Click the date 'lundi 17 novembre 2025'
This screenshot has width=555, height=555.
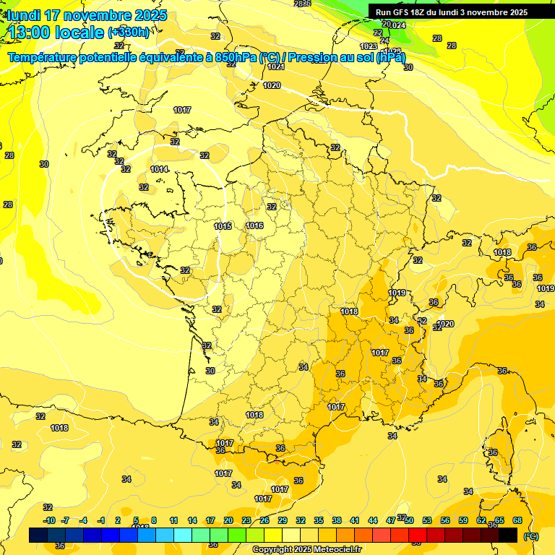pyautogui.click(x=87, y=15)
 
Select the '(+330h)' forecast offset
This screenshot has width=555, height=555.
pyautogui.click(x=129, y=33)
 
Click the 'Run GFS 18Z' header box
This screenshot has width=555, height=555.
pyautogui.click(x=452, y=12)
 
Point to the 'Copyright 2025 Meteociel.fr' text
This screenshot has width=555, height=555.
pyautogui.click(x=306, y=549)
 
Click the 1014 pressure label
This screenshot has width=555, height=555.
pyautogui.click(x=160, y=169)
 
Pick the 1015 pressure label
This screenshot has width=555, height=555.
pyautogui.click(x=223, y=226)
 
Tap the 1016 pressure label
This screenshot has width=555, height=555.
pyautogui.click(x=254, y=225)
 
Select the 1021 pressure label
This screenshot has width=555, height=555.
pyautogui.click(x=275, y=66)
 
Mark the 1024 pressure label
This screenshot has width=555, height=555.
pyautogui.click(x=399, y=25)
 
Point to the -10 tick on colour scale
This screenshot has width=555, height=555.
pyautogui.click(x=49, y=520)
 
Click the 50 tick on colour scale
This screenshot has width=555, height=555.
pyautogui.click(x=409, y=520)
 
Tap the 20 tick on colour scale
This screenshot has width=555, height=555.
pyautogui.click(x=228, y=520)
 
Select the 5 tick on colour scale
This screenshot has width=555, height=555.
pyautogui.click(x=136, y=520)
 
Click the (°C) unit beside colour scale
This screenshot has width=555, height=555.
pyautogui.click(x=531, y=535)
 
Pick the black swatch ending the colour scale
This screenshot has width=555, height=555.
pyautogui.click(x=508, y=535)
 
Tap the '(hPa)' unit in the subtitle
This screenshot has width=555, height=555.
pyautogui.click(x=391, y=57)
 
